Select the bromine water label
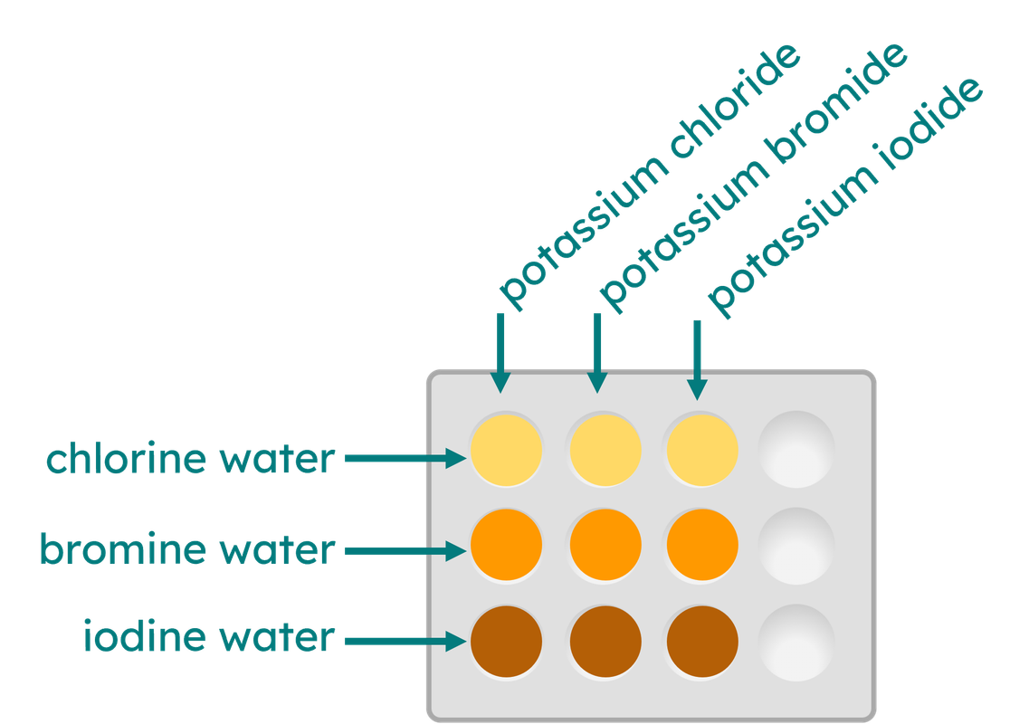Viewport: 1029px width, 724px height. click(186, 549)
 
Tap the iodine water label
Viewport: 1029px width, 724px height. click(208, 638)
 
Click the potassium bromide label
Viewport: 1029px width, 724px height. click(753, 177)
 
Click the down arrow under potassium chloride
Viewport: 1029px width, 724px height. click(500, 353)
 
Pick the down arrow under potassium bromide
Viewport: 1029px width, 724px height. click(595, 353)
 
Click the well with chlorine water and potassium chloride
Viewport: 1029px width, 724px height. click(506, 450)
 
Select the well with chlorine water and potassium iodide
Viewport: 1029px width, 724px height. click(702, 450)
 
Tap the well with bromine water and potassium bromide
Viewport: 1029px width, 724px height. click(605, 546)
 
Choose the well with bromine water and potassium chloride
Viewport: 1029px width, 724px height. click(506, 546)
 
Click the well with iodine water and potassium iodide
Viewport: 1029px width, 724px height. click(702, 641)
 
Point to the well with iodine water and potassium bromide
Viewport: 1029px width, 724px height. click(605, 641)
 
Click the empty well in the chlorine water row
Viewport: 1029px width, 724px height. click(796, 450)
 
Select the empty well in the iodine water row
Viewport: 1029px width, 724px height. click(796, 641)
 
